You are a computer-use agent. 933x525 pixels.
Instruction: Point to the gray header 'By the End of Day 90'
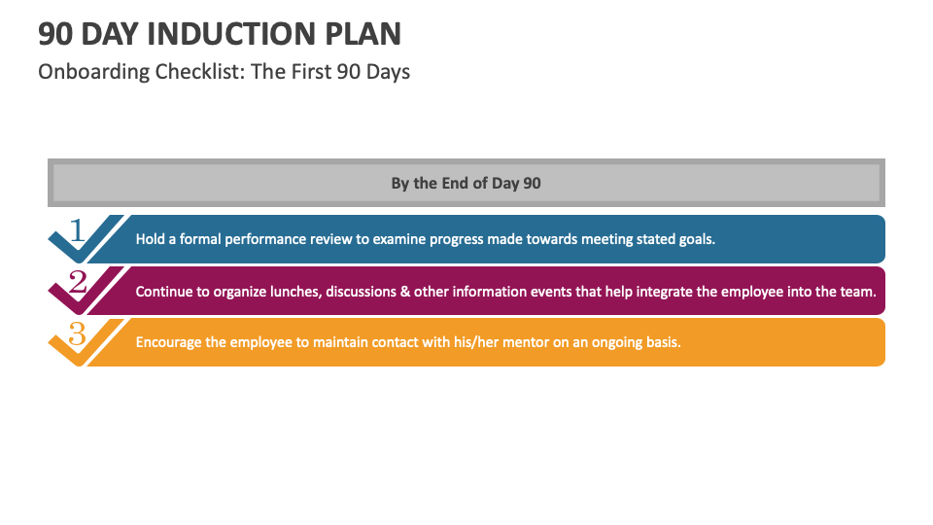tap(466, 183)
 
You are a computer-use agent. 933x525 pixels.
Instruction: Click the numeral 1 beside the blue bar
tap(78, 230)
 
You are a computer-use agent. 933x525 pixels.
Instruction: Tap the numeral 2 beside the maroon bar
tap(78, 282)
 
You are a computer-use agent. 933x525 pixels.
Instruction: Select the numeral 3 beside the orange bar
tap(78, 333)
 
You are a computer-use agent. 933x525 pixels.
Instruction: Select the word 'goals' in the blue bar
tap(696, 239)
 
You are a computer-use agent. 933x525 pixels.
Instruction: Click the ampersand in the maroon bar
tap(403, 292)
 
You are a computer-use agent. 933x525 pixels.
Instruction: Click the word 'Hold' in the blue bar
tap(151, 239)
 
